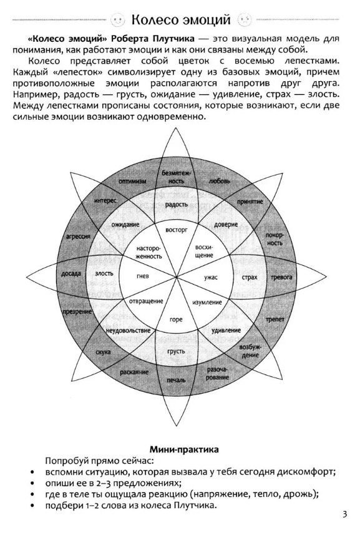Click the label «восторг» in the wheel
(x=176, y=230)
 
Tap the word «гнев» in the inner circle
(x=143, y=276)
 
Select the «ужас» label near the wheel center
(x=211, y=277)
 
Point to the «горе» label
(x=176, y=320)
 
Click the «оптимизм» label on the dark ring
(x=132, y=181)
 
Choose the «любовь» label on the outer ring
(x=219, y=181)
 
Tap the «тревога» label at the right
(x=281, y=277)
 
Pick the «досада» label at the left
(x=71, y=273)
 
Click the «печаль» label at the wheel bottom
(x=176, y=380)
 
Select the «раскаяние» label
(x=134, y=372)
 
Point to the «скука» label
(x=103, y=352)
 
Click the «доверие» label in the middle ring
(x=226, y=225)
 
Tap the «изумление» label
(x=207, y=302)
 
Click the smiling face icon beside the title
(x=119, y=20)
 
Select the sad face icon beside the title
(x=245, y=20)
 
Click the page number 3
(x=344, y=514)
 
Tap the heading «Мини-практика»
(x=184, y=449)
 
